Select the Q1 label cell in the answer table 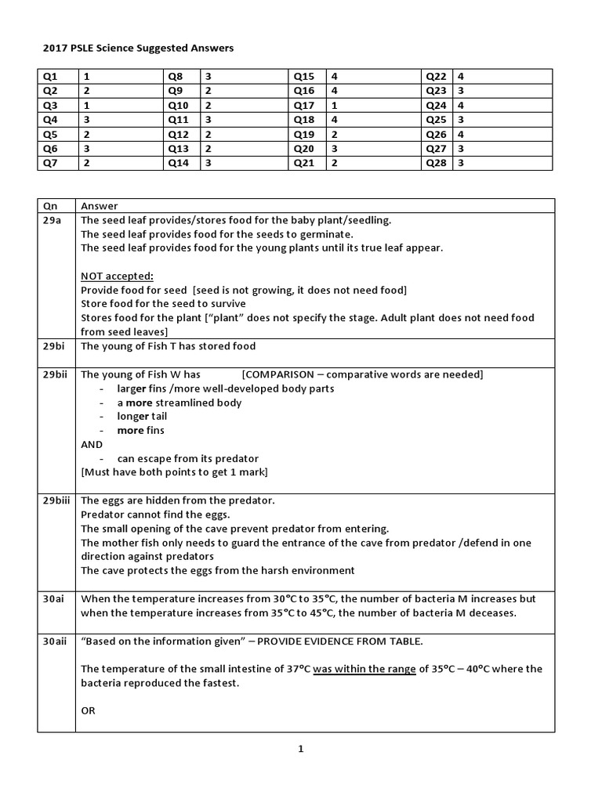[49, 77]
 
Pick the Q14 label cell [178, 163]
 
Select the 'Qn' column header [50, 206]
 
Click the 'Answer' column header [99, 206]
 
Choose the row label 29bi [54, 346]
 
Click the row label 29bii [56, 374]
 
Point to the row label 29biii [57, 500]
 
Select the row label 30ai [54, 599]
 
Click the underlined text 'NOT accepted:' [117, 276]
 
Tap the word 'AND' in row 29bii [92, 444]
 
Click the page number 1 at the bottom [300, 750]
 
